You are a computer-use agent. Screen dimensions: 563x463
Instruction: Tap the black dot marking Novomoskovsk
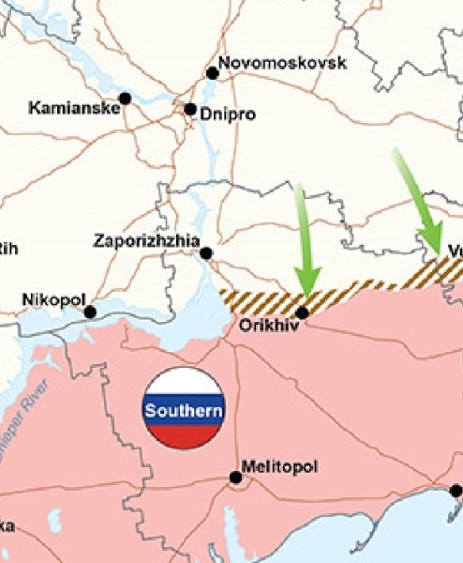[213, 73]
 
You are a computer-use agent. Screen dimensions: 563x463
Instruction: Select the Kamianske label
[74, 108]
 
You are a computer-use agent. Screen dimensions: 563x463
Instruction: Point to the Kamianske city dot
[125, 98]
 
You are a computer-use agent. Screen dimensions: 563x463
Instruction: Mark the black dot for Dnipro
[190, 110]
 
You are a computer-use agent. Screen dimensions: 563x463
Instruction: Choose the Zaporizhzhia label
[146, 241]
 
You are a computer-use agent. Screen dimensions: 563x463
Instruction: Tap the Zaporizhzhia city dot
[206, 252]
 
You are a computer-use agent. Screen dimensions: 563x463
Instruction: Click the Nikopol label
[52, 300]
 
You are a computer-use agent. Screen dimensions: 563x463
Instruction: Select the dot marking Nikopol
[90, 312]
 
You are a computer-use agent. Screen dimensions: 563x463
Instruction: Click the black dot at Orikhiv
[302, 312]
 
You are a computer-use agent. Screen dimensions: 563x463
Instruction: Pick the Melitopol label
[279, 465]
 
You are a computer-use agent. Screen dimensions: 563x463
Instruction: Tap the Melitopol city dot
[235, 478]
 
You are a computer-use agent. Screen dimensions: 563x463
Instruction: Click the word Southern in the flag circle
[184, 410]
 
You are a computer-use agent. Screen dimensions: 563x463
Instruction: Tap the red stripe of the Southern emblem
[184, 434]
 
